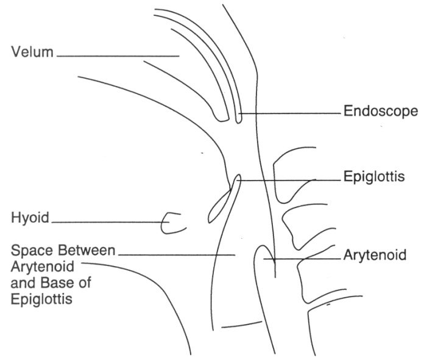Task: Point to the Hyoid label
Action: [x=29, y=216]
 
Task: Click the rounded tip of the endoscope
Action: [x=239, y=116]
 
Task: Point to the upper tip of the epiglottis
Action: [x=238, y=179]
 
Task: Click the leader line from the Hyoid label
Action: [x=110, y=222]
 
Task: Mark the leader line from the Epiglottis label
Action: [x=286, y=180]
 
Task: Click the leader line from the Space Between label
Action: [x=177, y=253]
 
